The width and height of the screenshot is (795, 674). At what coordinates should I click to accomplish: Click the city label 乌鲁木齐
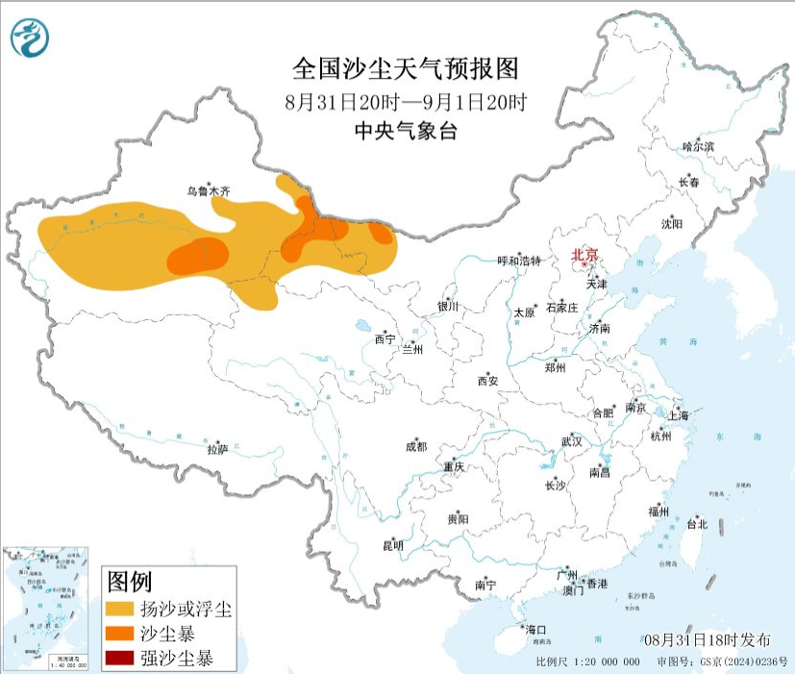click(x=209, y=191)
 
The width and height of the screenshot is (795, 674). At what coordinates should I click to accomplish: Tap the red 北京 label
click(x=584, y=255)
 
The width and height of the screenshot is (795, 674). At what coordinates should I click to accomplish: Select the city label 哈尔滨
click(x=698, y=146)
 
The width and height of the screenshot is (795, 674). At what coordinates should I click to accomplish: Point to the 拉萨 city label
click(x=217, y=448)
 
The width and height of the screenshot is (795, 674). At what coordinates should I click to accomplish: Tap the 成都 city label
click(x=415, y=446)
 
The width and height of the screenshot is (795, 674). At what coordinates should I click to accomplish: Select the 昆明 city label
click(x=393, y=545)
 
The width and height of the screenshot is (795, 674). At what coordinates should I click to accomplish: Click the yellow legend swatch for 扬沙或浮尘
click(x=119, y=610)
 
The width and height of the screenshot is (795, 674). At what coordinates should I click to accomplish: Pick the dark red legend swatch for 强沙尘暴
click(x=119, y=660)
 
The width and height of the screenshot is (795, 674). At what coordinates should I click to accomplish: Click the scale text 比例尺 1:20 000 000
click(x=587, y=662)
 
